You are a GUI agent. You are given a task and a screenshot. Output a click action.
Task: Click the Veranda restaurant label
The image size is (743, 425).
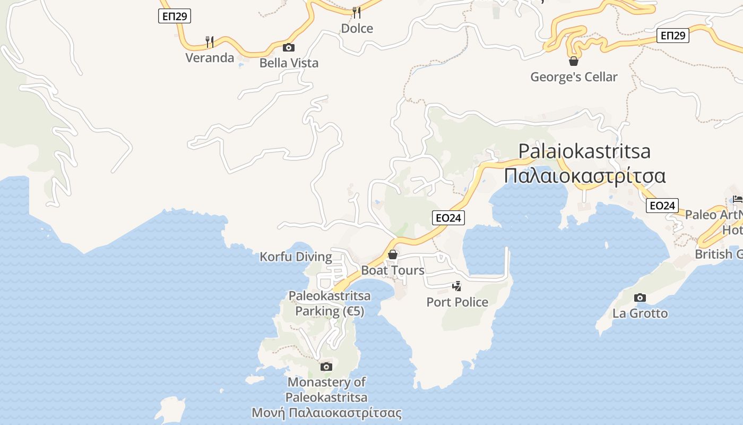click(210, 58)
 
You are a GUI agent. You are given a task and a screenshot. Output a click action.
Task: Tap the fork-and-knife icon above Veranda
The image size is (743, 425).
click(210, 41)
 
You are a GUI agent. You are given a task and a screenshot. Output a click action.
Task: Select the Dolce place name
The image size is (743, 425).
click(357, 29)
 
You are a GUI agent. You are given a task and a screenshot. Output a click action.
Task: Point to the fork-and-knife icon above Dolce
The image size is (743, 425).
click(357, 12)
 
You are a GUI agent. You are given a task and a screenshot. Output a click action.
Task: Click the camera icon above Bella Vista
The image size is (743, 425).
click(289, 47)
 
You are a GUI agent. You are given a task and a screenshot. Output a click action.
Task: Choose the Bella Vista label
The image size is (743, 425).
click(289, 63)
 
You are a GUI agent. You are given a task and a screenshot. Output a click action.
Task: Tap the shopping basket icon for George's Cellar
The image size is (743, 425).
click(574, 61)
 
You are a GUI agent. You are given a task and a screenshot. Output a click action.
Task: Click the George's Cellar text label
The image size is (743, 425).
click(574, 77)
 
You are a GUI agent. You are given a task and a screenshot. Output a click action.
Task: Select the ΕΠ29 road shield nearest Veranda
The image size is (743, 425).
click(175, 16)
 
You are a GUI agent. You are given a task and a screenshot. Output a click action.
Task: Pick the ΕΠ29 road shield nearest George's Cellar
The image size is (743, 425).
click(672, 36)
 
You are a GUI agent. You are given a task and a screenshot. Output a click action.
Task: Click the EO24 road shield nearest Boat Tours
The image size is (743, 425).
click(448, 218)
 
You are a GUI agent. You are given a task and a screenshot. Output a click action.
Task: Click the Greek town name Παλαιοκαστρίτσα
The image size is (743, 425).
click(585, 175)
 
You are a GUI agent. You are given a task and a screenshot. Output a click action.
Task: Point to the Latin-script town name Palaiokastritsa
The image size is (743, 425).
click(584, 151)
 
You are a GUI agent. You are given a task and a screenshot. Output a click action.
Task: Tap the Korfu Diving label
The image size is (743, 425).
click(296, 257)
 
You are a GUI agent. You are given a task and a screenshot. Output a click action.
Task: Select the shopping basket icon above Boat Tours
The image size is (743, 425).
click(393, 254)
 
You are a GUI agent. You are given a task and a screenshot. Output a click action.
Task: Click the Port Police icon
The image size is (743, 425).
click(456, 286)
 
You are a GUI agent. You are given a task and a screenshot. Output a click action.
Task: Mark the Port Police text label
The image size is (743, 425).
click(457, 302)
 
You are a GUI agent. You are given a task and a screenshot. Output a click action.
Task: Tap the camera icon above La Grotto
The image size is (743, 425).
click(640, 297)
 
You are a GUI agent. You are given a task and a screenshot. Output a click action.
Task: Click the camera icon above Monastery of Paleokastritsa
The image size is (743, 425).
click(326, 367)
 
